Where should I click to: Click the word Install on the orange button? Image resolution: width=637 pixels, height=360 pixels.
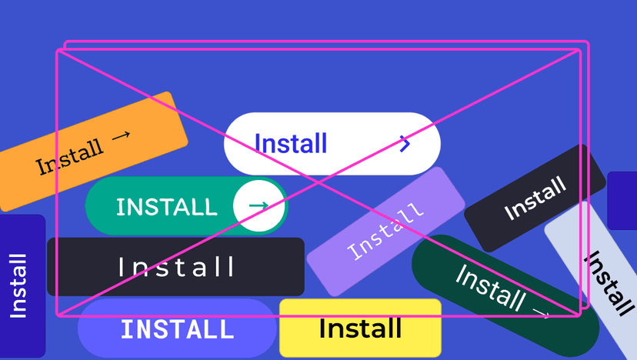click(69, 156)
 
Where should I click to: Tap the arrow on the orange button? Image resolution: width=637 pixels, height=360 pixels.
click(121, 136)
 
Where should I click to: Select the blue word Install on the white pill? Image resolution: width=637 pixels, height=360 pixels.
click(291, 144)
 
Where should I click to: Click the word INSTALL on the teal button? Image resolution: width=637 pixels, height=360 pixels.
click(166, 206)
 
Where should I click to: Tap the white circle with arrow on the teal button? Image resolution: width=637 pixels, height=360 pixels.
click(259, 205)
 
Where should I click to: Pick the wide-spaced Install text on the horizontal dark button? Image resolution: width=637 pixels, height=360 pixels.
click(176, 267)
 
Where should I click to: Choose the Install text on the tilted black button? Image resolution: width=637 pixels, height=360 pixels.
click(535, 198)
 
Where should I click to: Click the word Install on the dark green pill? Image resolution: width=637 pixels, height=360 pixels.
click(490, 285)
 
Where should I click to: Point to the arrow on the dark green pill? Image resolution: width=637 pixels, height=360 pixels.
click(540, 313)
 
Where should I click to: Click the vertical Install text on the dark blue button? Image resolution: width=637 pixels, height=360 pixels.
click(18, 285)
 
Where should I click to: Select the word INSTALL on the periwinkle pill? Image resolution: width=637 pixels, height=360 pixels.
click(177, 329)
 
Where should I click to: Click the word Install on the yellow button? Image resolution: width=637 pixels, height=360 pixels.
click(360, 328)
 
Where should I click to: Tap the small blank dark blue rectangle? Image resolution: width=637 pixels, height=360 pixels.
click(622, 201)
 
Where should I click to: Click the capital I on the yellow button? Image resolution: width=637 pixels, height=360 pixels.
click(322, 328)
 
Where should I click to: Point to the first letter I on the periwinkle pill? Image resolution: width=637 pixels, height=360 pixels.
click(125, 329)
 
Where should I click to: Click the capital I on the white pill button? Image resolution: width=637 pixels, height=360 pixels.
click(258, 144)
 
